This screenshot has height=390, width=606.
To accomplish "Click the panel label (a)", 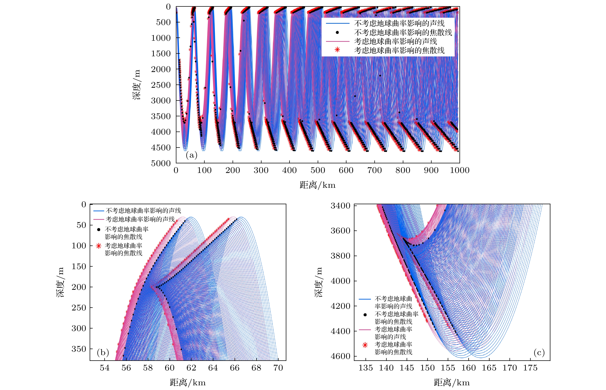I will [x=191, y=155].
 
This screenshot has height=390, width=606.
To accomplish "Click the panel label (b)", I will [x=103, y=353].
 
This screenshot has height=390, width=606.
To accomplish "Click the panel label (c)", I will [x=539, y=353].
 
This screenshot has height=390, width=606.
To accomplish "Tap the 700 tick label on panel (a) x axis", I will [x=375, y=170].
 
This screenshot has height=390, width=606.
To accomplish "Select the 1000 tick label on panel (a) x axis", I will [x=459, y=170].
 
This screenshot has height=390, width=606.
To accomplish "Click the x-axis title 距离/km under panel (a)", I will [x=317, y=185].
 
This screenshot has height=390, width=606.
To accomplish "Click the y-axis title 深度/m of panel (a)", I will [x=136, y=85].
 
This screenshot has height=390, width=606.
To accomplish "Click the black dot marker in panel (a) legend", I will [x=337, y=32].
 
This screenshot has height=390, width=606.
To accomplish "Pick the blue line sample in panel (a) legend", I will [x=337, y=24].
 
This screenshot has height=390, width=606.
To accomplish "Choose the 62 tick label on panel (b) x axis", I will [x=191, y=368].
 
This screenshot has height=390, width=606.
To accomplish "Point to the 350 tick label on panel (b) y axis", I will [x=79, y=349].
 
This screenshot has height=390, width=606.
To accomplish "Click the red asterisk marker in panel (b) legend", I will [x=99, y=246].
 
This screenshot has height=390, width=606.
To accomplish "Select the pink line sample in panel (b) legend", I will [x=99, y=219].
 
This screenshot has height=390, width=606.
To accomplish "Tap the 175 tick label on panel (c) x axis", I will [x=530, y=368].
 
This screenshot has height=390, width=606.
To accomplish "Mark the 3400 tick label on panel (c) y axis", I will [x=340, y=206].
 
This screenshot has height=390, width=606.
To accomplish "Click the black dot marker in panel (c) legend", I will [x=365, y=315].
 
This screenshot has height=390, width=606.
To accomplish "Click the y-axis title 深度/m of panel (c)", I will [x=319, y=282].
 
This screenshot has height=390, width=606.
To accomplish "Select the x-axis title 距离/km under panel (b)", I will [x=188, y=382].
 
